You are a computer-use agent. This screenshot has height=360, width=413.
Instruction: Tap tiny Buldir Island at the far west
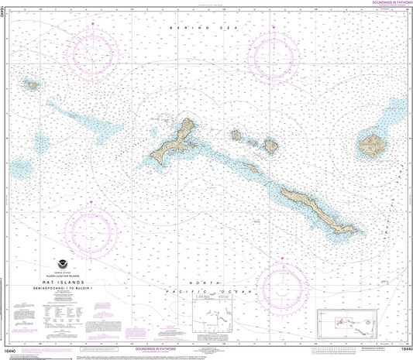click(33, 84)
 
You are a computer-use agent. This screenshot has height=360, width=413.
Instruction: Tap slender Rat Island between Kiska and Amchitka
click(249, 167)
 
